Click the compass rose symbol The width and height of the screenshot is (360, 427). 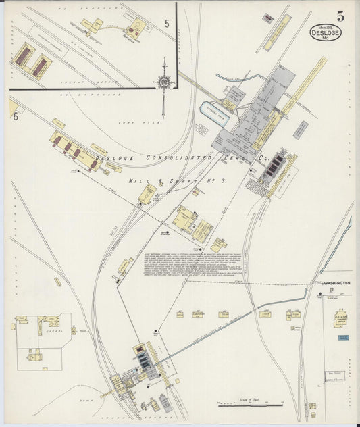tap(164, 82)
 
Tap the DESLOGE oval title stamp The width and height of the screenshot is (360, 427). tap(326, 32)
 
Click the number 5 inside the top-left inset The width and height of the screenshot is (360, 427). tap(167, 24)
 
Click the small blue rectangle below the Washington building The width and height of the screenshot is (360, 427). tap(343, 336)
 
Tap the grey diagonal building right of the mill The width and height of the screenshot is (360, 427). tap(299, 129)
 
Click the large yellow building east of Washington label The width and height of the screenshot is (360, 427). tap(341, 318)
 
